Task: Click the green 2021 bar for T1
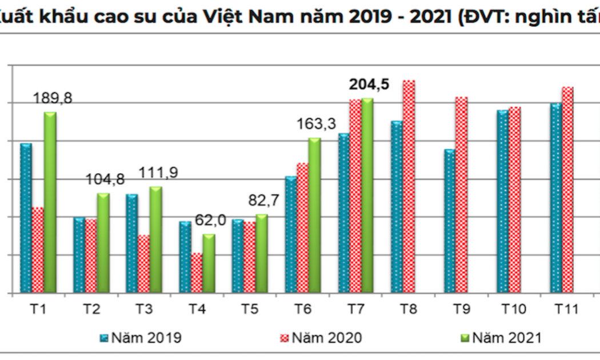click(x=50, y=202)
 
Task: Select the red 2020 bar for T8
click(x=409, y=186)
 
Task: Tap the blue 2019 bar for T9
click(x=449, y=221)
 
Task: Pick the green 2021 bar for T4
click(x=209, y=263)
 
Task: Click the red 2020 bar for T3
click(x=143, y=263)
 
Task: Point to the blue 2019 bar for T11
click(x=555, y=198)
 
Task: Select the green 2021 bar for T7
click(x=367, y=195)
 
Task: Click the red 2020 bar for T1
click(x=38, y=250)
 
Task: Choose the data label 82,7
click(x=263, y=201)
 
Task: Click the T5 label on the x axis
click(x=250, y=310)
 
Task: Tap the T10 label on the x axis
click(x=514, y=310)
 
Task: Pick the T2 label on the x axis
click(x=91, y=310)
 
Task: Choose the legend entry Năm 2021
click(x=506, y=338)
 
